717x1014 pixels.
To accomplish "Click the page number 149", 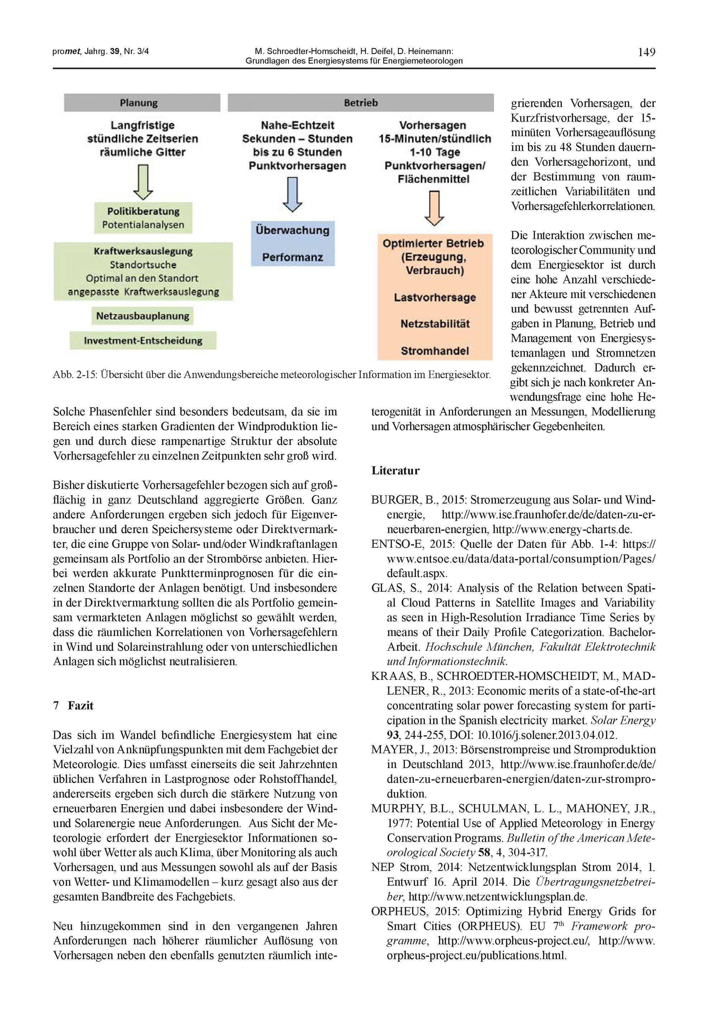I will point(646,52).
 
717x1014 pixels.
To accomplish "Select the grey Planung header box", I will point(142,103).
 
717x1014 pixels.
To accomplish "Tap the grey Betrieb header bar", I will point(360,103).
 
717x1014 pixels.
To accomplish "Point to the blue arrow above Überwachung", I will point(292,194).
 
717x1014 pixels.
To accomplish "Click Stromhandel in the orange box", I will point(435,351).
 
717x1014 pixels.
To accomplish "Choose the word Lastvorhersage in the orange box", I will point(435,298).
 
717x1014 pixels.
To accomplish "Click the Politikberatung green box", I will point(143,218).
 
